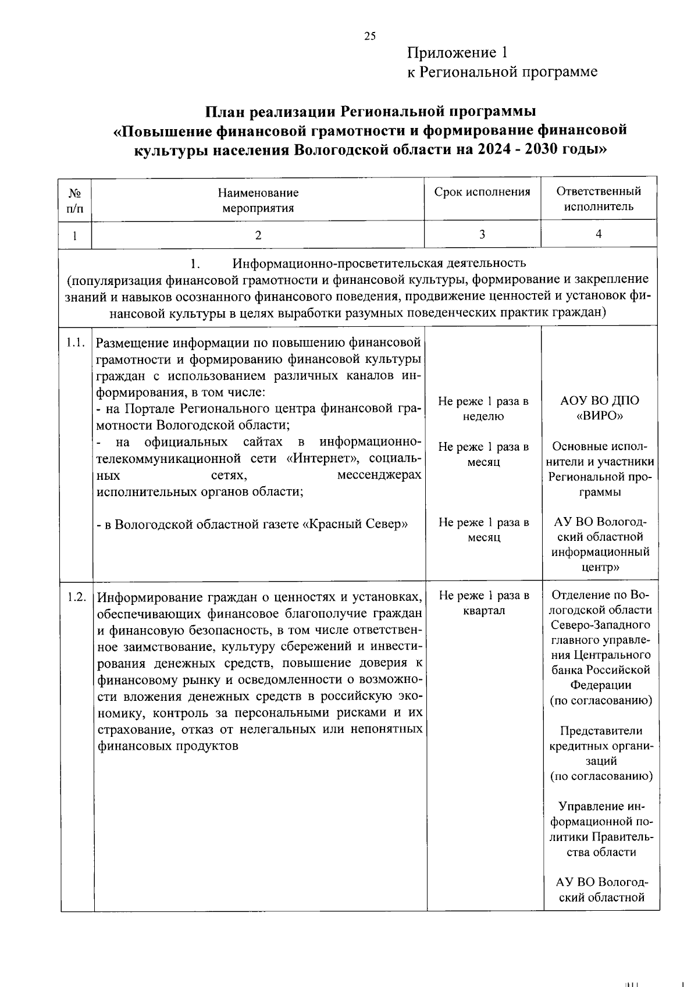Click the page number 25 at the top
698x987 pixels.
pos(370,36)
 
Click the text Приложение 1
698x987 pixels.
pos(457,53)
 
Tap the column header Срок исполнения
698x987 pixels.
pos(482,192)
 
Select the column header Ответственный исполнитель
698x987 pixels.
pos(599,199)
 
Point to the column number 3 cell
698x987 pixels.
pos(482,234)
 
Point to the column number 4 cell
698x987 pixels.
pos(599,234)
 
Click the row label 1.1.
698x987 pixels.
pos(76,343)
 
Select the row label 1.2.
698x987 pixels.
pos(76,597)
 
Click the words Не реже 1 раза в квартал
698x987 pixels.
pos(484,603)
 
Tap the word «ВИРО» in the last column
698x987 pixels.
pos(599,416)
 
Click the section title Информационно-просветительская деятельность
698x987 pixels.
pos(379,263)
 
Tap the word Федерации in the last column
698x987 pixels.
pos(601,685)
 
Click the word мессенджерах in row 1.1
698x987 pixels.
pos(379,475)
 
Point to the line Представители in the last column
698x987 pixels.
pos(601,731)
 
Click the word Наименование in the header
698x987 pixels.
pos(258,193)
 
